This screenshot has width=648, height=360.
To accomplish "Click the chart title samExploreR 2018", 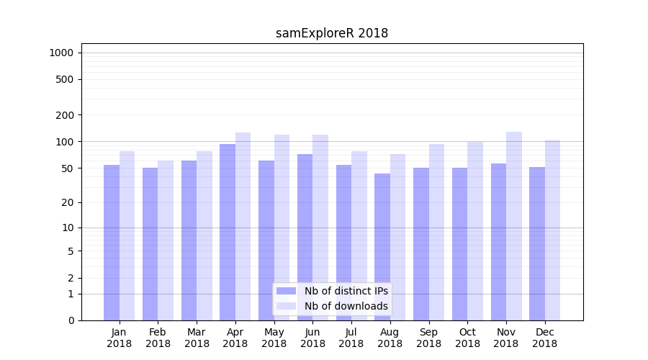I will click(332, 33).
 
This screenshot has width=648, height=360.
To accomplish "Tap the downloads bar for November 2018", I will click(514, 226).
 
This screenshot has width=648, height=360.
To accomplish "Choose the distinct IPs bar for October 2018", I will click(459, 244).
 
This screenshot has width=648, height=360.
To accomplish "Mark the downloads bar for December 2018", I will click(553, 230).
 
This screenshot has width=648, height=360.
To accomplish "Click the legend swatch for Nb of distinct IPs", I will click(286, 291).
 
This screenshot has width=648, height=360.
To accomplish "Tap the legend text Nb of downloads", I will click(346, 306).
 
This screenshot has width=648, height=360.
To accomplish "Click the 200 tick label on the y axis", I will click(64, 115).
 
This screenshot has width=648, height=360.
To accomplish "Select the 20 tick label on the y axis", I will click(67, 202).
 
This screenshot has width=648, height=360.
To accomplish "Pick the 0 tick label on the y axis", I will click(71, 320).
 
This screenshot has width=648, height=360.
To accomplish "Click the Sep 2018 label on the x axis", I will click(428, 338).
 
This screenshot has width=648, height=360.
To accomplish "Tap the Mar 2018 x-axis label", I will click(197, 338).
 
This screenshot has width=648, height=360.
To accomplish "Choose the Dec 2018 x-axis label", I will click(544, 338).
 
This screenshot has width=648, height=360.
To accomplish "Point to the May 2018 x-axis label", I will click(274, 338).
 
